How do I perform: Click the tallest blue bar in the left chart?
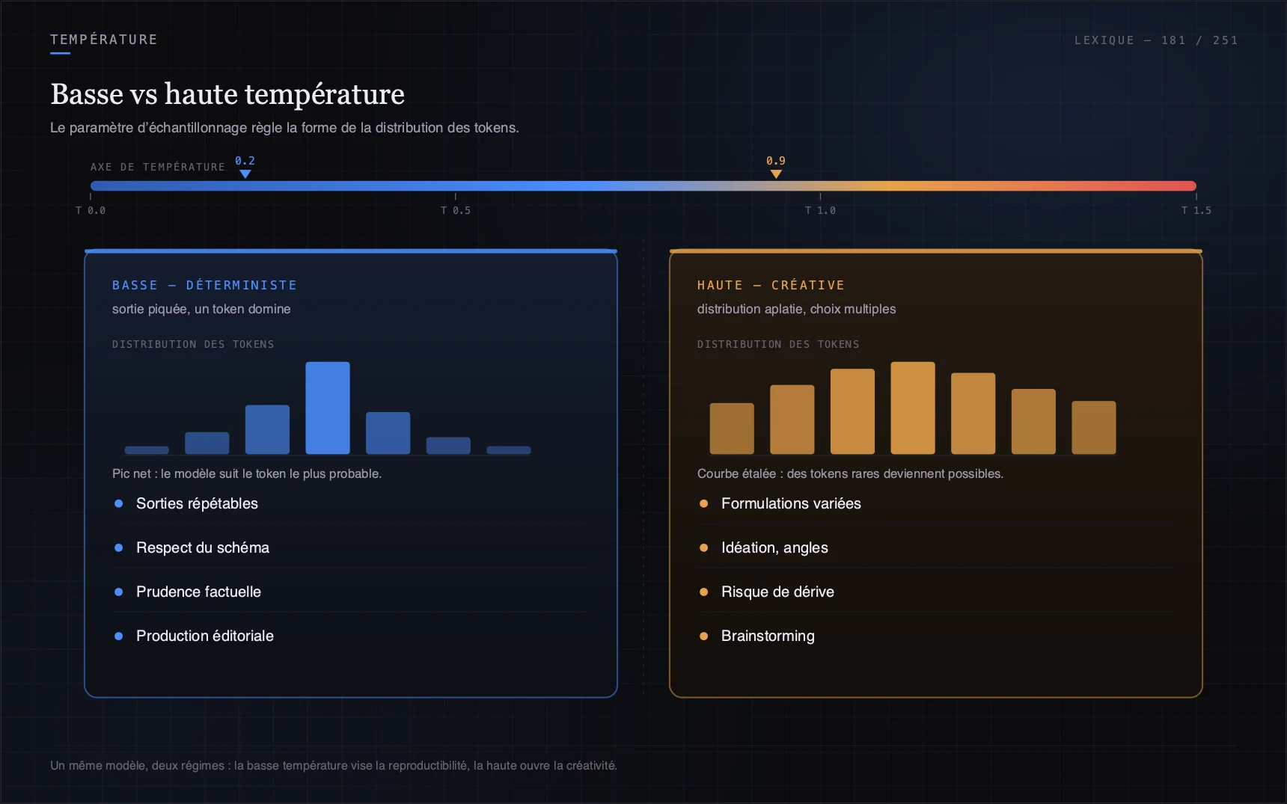(328, 408)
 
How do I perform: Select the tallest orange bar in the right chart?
(913, 408)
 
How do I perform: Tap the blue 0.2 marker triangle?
(245, 174)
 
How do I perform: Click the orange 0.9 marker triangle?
(776, 174)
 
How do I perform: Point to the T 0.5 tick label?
(456, 211)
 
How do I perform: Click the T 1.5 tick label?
(1196, 211)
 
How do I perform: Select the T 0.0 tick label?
(91, 211)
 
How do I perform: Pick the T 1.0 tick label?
(821, 211)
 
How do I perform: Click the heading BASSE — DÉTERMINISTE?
(204, 285)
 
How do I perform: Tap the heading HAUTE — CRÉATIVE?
(771, 285)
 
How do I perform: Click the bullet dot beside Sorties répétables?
(118, 503)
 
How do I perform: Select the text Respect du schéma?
(203, 547)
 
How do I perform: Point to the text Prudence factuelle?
(198, 592)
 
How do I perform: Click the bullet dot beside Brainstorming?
(703, 636)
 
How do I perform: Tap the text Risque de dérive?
(777, 592)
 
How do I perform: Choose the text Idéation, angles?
(774, 547)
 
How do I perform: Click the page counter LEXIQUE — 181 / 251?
(1156, 40)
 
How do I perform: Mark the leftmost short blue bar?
(147, 450)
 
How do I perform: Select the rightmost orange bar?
(1094, 428)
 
